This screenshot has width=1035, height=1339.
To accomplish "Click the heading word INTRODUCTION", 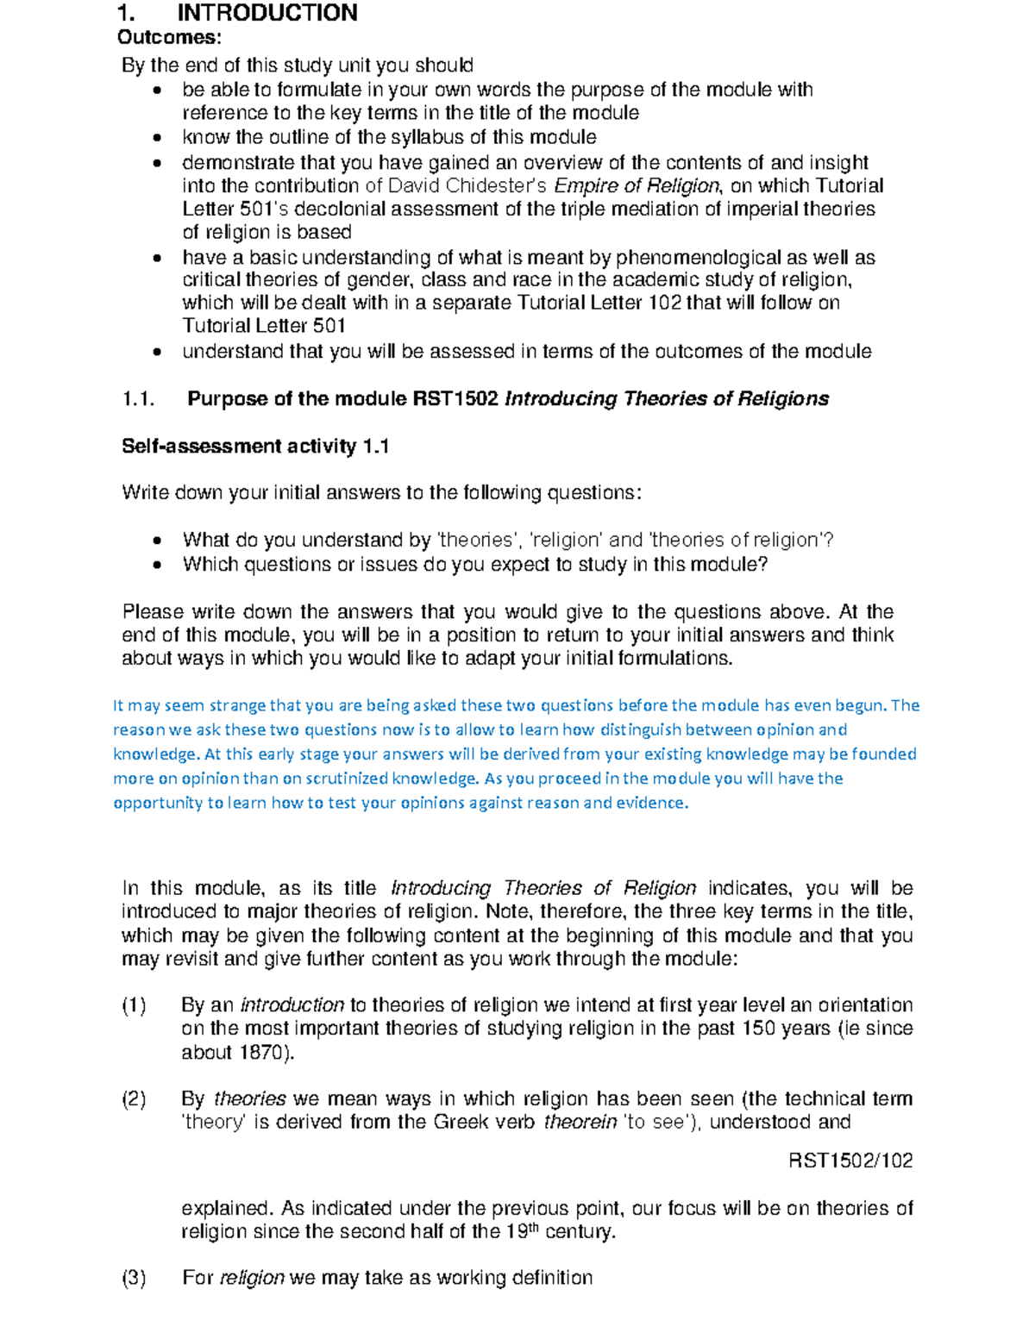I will pos(267,13).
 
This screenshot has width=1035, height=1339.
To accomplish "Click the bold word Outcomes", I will pos(168,37).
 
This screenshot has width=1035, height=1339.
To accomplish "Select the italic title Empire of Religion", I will pos(636,186).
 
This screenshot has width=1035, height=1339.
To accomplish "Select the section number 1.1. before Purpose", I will pos(138,399).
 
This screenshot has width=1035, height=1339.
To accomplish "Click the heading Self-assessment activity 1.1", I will pos(255,447).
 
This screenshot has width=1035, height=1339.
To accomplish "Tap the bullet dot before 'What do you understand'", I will pos(156,541).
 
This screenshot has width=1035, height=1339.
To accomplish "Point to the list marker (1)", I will pos(134,1006).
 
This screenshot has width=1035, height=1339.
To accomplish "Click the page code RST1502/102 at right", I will pos(850,1161).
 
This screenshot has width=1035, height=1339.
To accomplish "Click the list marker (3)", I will pos(134,1279).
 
